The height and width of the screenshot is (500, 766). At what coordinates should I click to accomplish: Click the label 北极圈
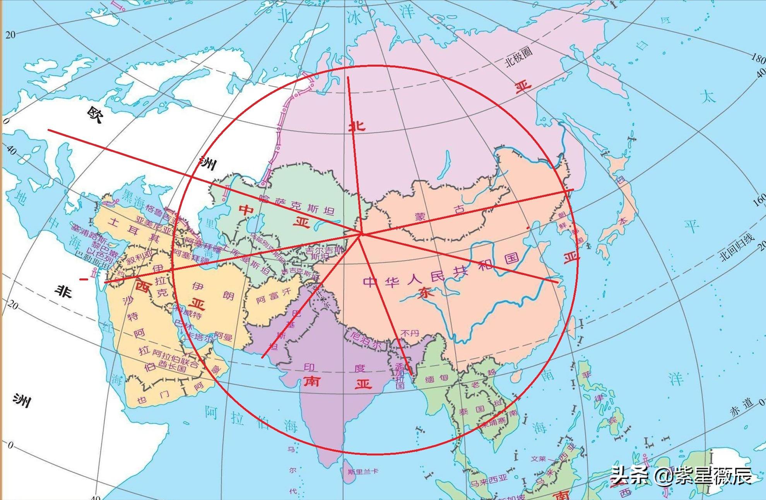pos(519,57)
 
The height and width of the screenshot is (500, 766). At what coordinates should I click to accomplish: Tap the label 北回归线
pos(737,248)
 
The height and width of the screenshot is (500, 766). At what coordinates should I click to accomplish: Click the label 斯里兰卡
pos(362,471)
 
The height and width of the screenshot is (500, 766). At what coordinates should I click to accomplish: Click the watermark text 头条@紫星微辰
pos(681,476)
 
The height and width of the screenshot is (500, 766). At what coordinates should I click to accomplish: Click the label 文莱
pos(538,459)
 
